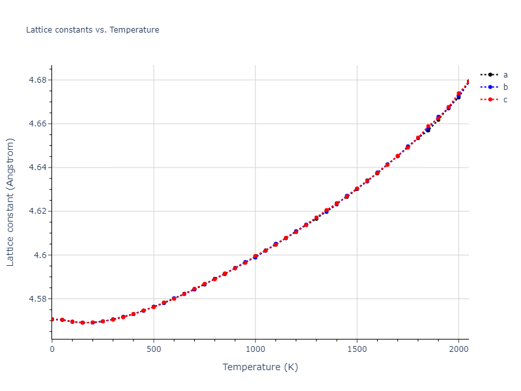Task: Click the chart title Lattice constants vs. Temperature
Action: pos(92,30)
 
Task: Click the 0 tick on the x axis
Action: pos(52,349)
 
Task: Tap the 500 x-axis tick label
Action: pos(154,349)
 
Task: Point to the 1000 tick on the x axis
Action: pos(255,349)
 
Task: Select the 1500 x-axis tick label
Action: pos(357,349)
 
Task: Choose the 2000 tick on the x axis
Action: pos(458,349)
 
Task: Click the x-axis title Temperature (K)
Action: pos(260,368)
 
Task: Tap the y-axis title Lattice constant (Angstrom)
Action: pos(11,202)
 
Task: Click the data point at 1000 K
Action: pos(255,257)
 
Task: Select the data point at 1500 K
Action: pos(357,189)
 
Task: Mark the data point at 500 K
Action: pos(154,307)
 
